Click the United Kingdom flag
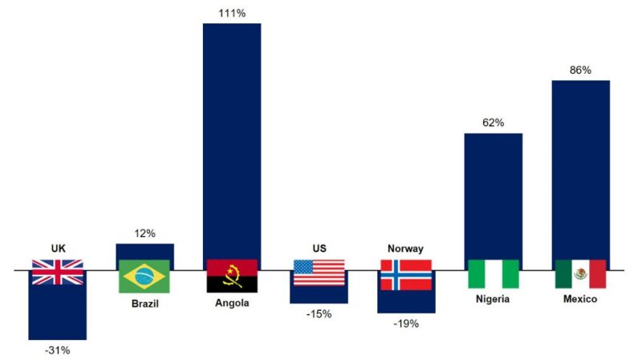pos(57,272)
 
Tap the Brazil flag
pos(144,276)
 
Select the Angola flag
pos(232,275)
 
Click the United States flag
pos(319,272)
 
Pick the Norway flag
pos(406,274)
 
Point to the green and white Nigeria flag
pos(494,273)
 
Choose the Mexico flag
pos(580,274)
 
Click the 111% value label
pos(232,12)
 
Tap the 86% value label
pos(580,70)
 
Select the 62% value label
pos(494,122)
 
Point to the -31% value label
pos(57,350)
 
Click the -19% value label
pos(406,323)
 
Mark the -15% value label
pos(319,313)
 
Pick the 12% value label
pos(144,233)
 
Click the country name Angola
pos(232,303)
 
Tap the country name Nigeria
pos(494,299)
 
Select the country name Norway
pos(406,248)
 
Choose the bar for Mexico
pos(580,169)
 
